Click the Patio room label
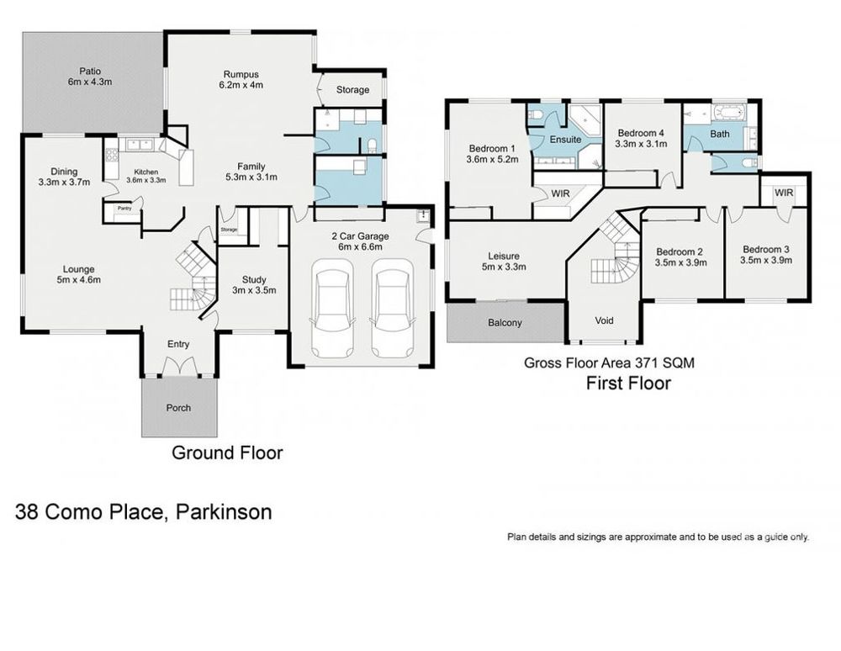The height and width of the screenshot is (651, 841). [90, 71]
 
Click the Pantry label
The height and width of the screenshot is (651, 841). [125, 208]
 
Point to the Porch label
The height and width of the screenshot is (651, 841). [178, 408]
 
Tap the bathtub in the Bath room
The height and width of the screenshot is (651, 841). [728, 114]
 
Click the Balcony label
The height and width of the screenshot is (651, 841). [505, 323]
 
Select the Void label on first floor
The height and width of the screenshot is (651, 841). [604, 320]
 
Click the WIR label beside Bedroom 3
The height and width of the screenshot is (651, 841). [784, 193]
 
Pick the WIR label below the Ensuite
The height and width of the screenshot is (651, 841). [560, 193]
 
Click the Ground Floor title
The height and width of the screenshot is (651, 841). [227, 453]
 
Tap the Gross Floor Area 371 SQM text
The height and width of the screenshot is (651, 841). [609, 363]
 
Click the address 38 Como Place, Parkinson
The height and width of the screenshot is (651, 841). [143, 511]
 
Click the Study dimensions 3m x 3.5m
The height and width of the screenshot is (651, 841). [254, 290]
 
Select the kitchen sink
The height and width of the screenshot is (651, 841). [139, 145]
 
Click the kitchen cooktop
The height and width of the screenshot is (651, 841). [112, 155]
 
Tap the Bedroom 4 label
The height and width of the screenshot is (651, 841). [641, 133]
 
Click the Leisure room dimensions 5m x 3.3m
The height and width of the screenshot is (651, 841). [504, 267]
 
